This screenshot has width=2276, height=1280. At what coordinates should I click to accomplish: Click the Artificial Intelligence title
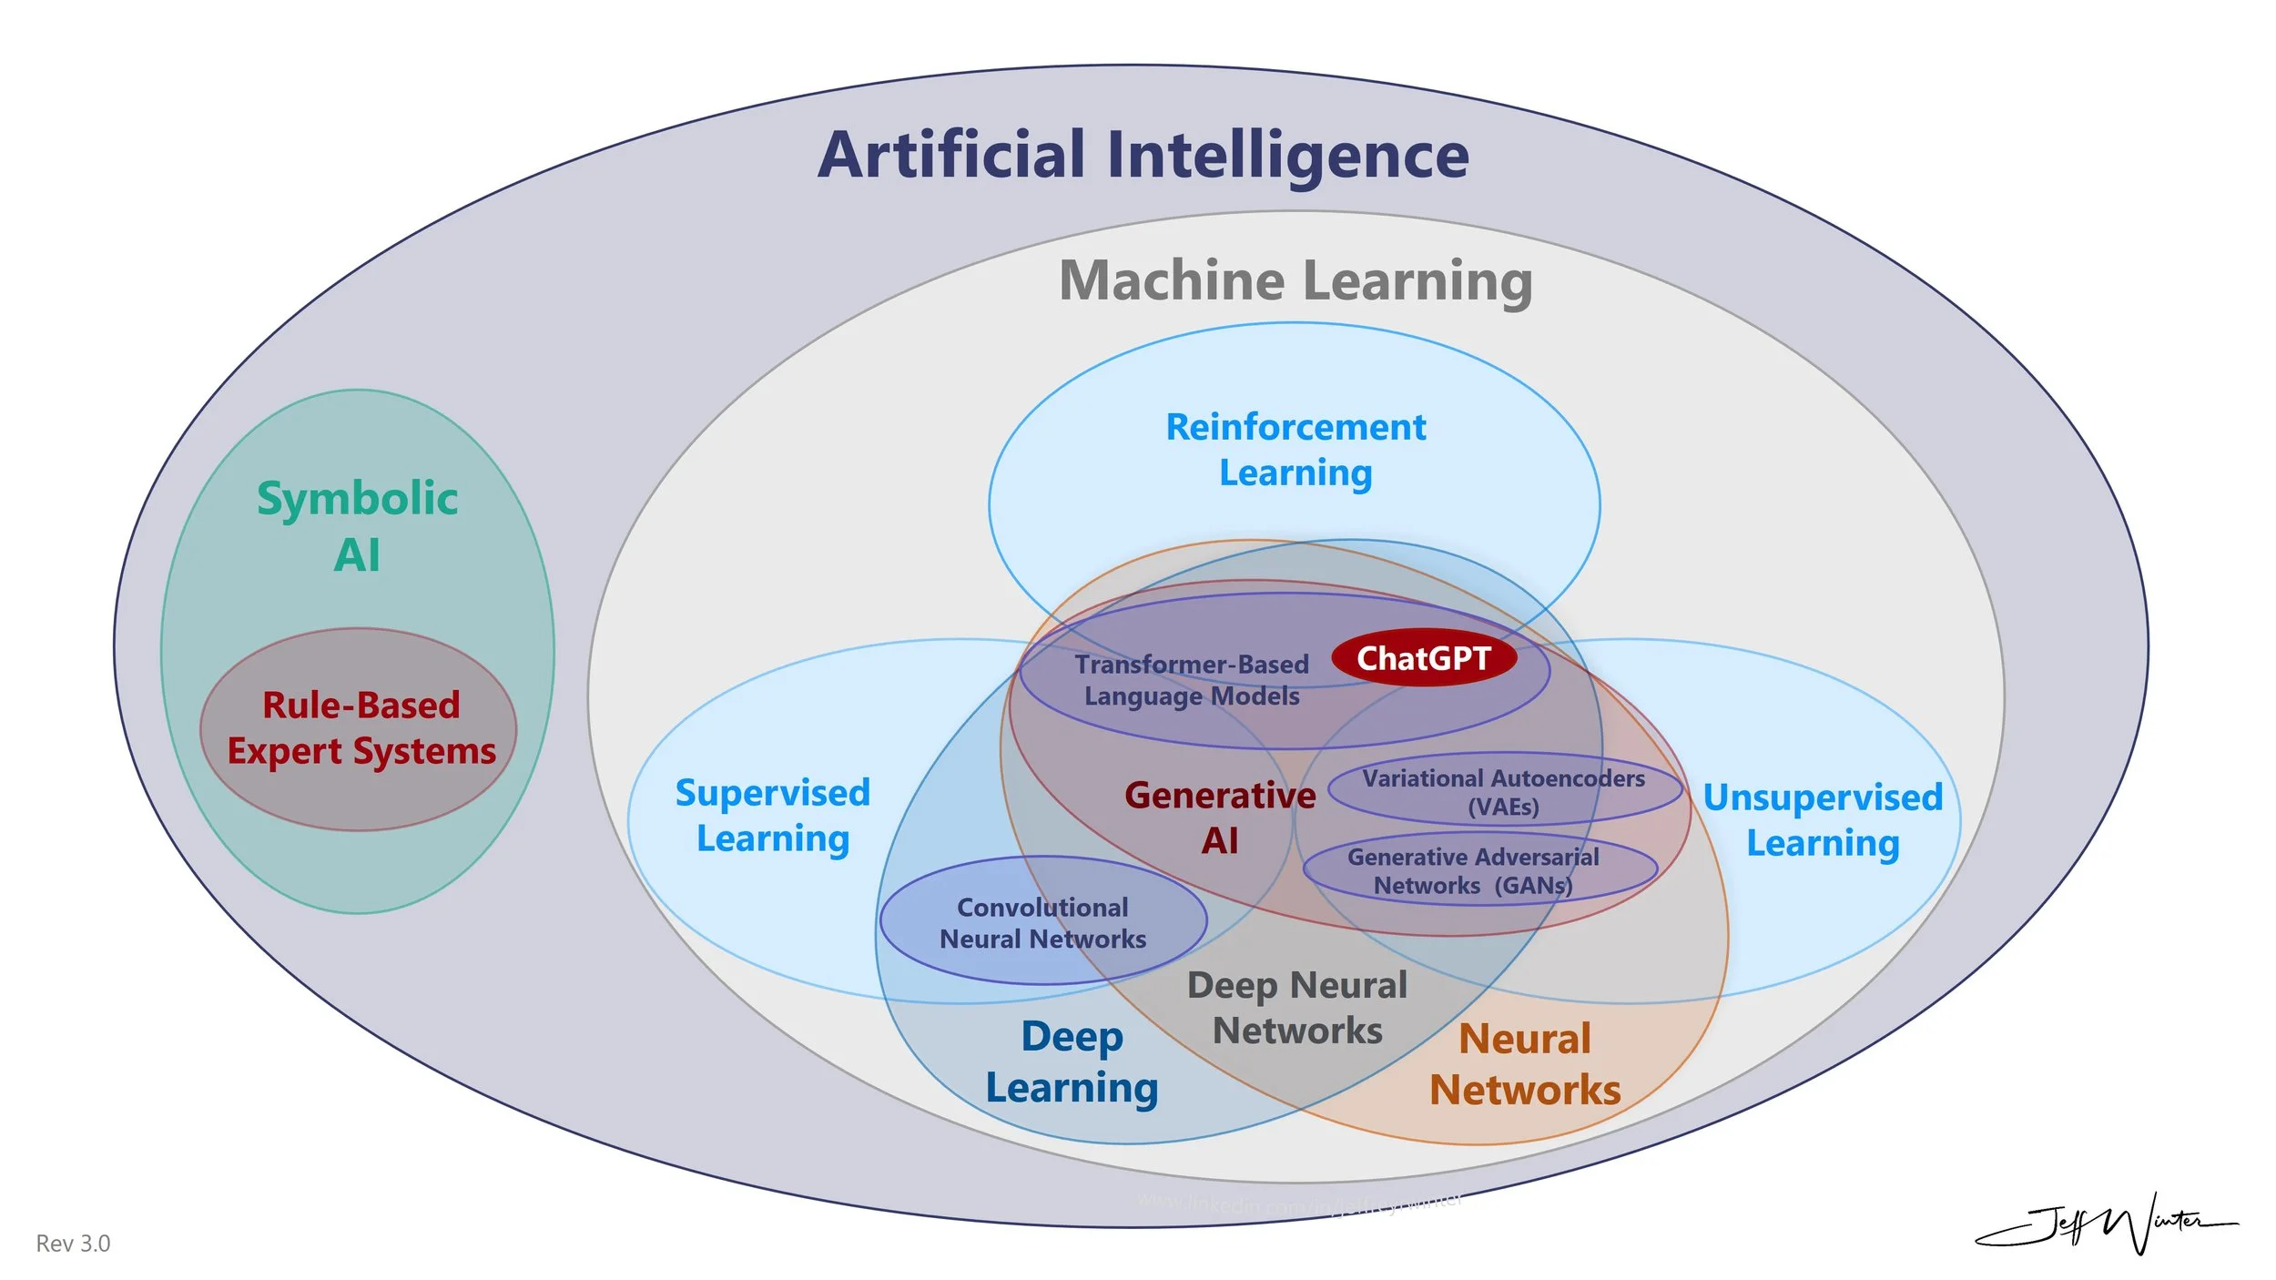pos(1143,155)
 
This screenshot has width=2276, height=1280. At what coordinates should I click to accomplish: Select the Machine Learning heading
pos(1295,280)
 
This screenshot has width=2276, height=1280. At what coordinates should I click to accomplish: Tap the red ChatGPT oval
pos(1423,657)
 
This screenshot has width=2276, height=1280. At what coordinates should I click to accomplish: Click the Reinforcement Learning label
pos(1295,450)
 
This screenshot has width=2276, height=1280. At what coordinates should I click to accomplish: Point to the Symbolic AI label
pos(357,526)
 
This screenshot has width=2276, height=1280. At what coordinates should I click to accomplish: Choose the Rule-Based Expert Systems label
pos(361,728)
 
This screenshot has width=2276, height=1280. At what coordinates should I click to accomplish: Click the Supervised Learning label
pos(773,816)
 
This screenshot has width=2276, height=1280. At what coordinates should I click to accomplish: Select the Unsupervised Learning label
pos(1823,820)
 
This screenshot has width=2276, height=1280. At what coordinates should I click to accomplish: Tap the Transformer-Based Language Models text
pos(1191,680)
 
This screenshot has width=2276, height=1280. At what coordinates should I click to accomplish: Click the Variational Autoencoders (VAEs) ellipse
pos(1503,791)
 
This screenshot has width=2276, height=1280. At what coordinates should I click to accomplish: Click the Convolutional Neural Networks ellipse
pos(1042,922)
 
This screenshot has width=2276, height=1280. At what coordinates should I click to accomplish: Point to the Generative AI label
pos(1220,818)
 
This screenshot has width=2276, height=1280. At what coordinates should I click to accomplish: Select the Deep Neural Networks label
pos(1297,1008)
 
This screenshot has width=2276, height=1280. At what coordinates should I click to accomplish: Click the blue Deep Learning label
pos(1072,1062)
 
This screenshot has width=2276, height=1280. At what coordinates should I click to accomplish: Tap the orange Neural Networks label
pos(1525,1064)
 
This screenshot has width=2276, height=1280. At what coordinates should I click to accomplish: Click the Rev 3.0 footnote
pos(73,1244)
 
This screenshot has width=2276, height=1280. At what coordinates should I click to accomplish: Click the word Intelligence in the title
pos(1288,155)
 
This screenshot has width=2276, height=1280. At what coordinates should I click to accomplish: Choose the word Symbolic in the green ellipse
pos(357,498)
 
